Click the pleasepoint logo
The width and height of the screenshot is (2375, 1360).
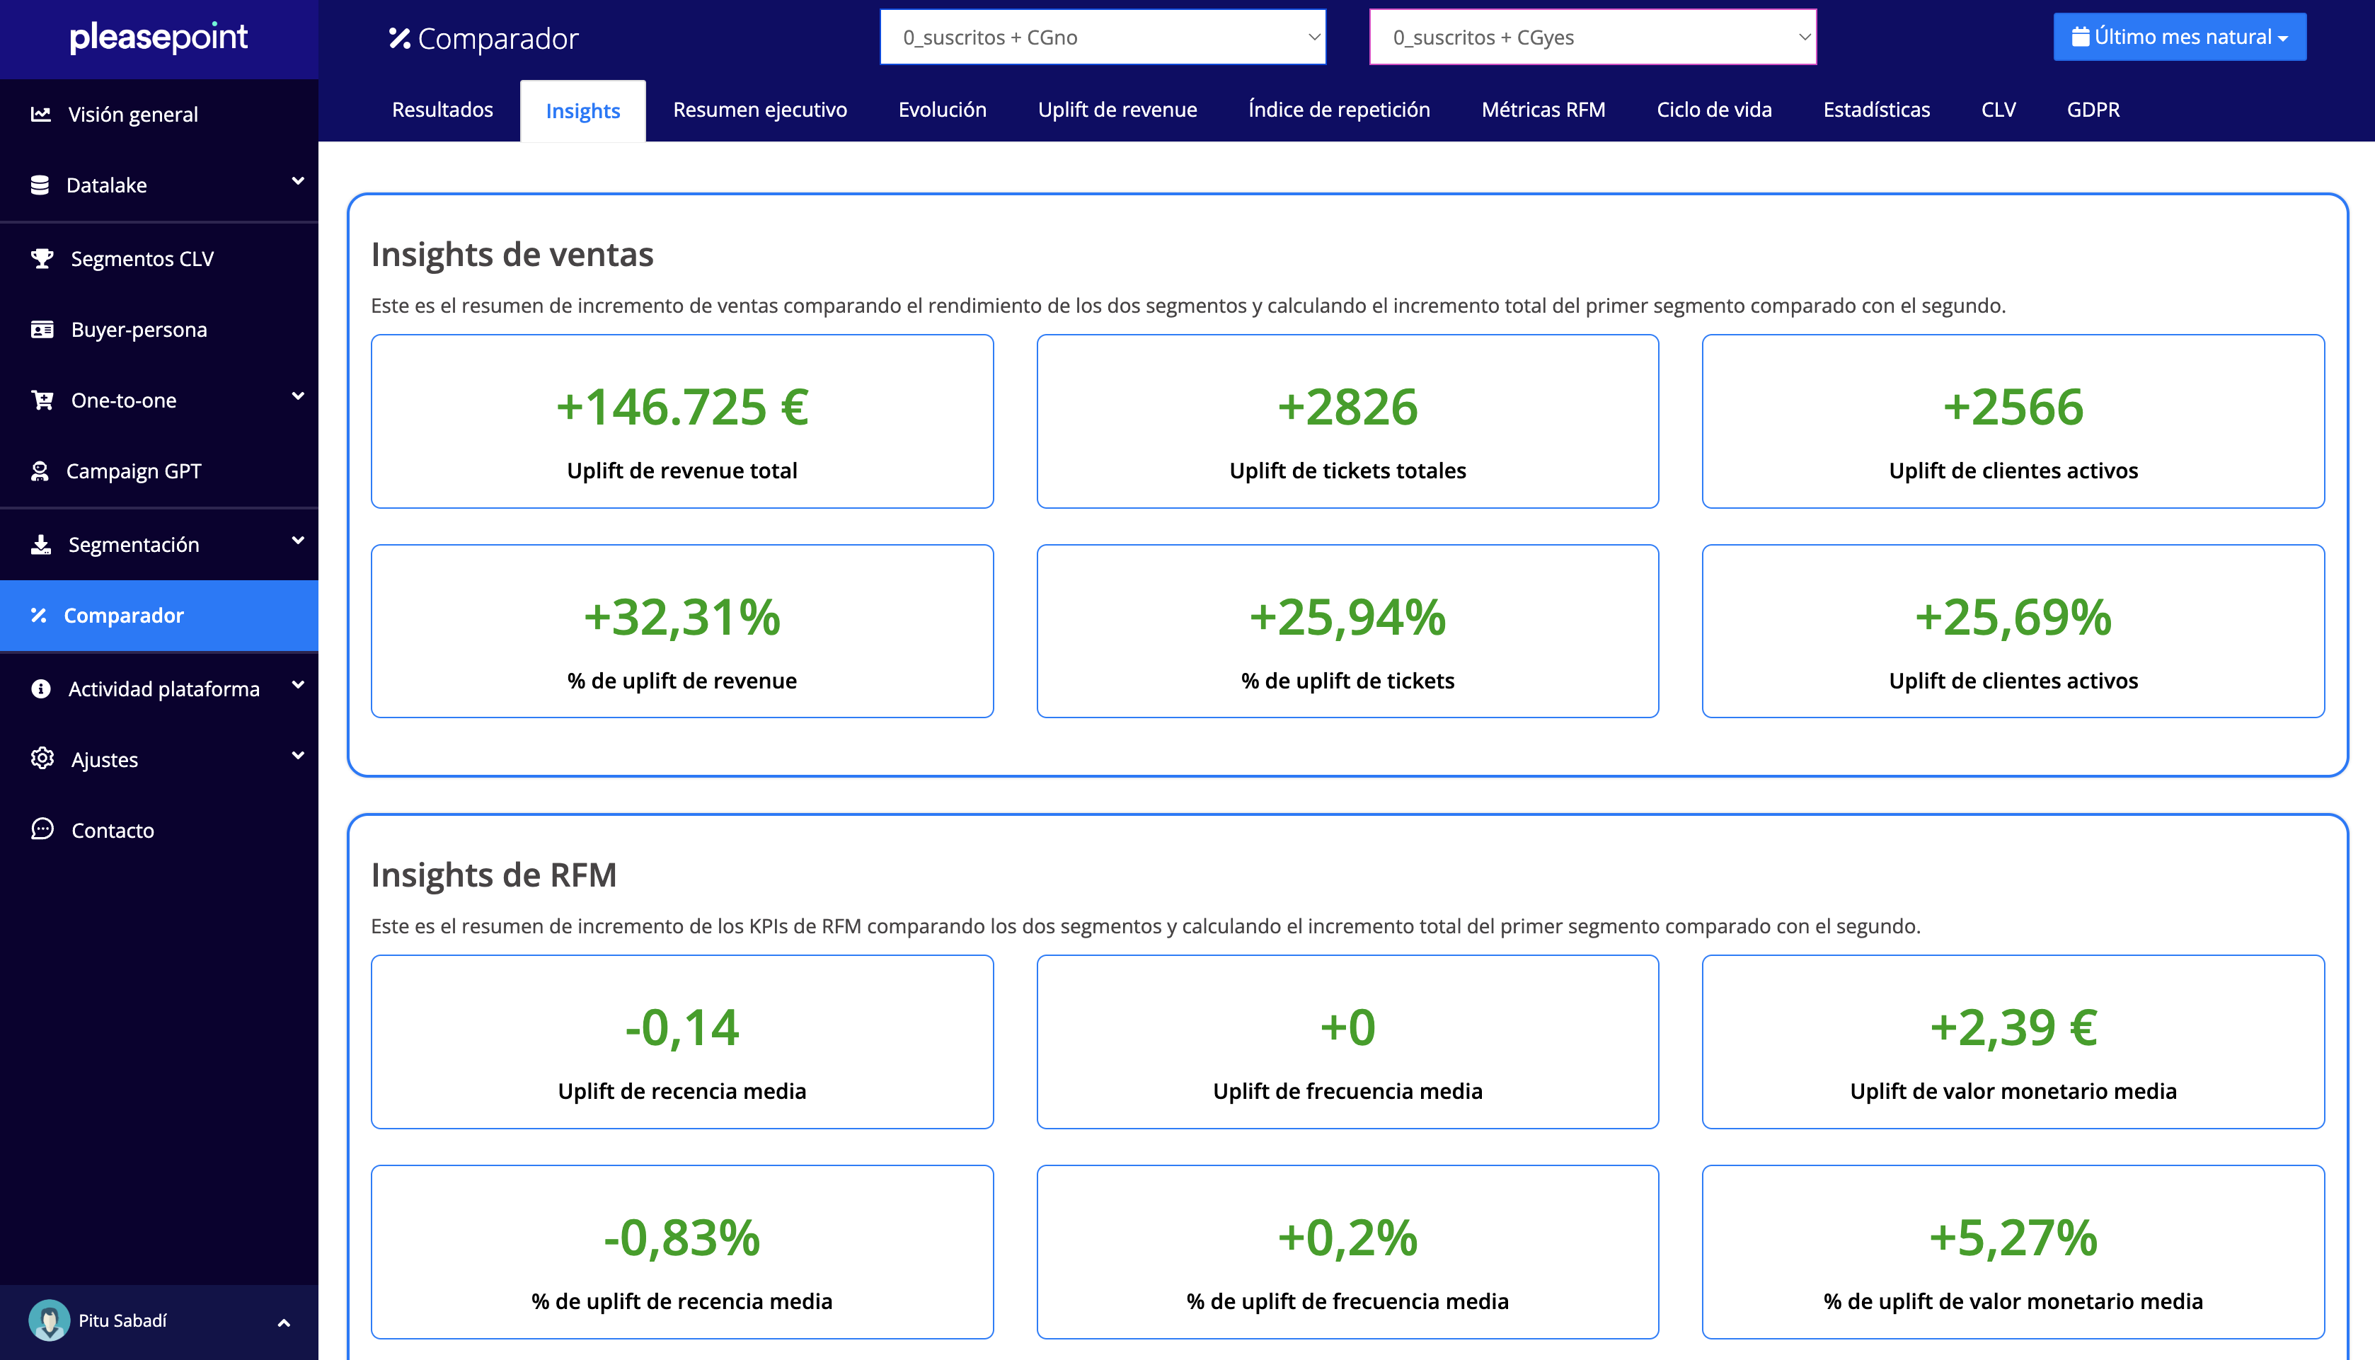159,38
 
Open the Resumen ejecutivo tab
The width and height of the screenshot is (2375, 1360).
759,110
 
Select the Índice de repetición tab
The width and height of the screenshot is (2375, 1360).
1338,110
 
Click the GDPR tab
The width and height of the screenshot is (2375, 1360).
2092,110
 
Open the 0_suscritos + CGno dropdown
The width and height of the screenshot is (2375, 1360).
1102,38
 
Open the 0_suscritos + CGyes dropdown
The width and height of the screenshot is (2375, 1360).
1592,38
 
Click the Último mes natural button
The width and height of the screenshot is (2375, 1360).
2179,38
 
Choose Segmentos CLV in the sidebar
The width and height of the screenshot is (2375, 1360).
142,259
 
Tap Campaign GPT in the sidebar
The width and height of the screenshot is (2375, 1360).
134,471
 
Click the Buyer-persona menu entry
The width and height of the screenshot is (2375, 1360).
138,330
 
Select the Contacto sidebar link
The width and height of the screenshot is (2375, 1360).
112,831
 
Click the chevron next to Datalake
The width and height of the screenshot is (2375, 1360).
298,181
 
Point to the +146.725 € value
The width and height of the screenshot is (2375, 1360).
682,408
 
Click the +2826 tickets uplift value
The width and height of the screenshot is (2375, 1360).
1347,408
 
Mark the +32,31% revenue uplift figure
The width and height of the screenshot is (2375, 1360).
682,618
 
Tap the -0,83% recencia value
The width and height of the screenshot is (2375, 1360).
682,1238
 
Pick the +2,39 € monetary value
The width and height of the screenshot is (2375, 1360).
2013,1027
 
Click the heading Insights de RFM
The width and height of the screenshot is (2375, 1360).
493,875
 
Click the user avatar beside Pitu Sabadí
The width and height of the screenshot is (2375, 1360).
49,1320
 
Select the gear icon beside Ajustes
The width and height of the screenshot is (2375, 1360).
42,758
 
